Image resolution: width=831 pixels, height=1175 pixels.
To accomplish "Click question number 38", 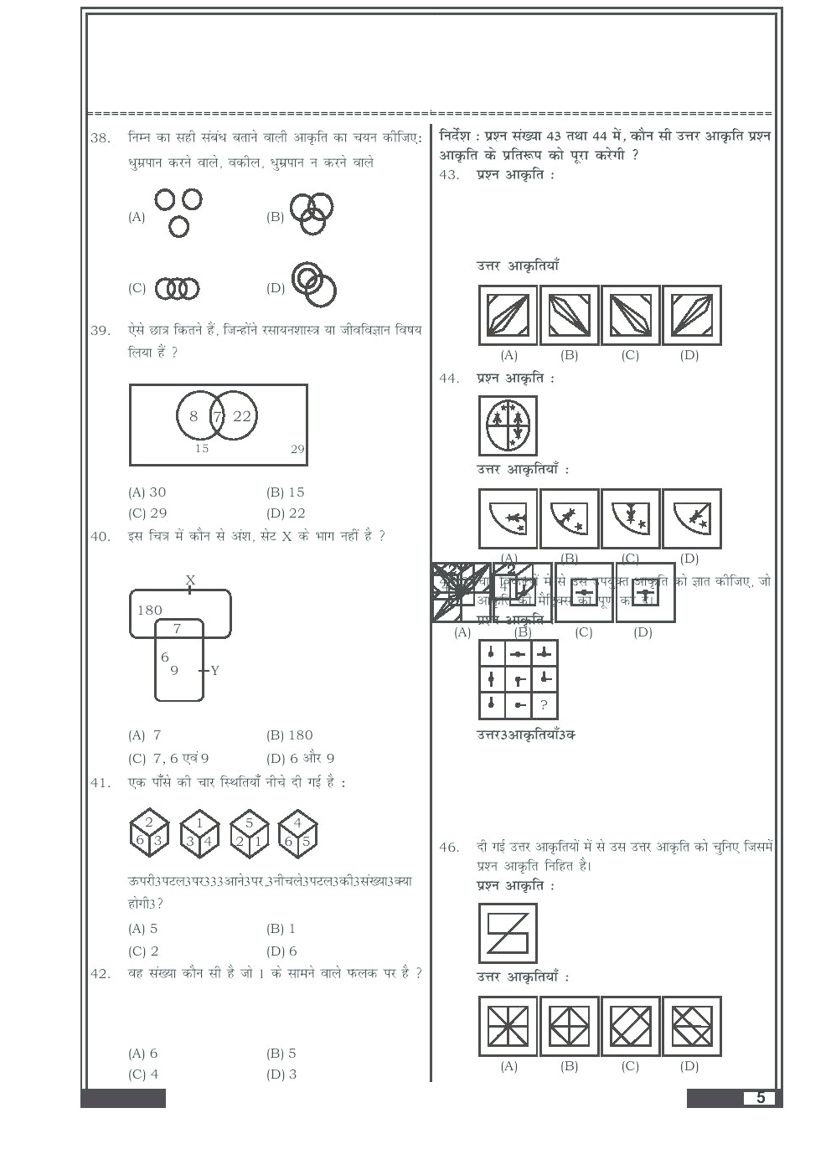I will (x=101, y=138).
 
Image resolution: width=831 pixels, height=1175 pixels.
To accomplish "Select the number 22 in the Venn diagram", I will (x=242, y=416).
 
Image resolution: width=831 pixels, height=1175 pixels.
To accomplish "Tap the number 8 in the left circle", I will (x=194, y=416).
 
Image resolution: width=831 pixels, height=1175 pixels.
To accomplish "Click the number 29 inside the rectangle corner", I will (x=297, y=450).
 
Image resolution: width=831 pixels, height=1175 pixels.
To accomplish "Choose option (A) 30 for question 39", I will (x=147, y=492).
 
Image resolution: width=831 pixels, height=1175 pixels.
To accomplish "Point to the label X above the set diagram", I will (x=190, y=580).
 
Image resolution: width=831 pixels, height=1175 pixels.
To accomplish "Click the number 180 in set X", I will (x=150, y=611).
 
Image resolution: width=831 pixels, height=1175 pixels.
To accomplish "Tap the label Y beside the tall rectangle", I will (x=215, y=671).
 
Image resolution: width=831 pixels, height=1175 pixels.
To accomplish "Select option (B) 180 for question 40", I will (x=289, y=735).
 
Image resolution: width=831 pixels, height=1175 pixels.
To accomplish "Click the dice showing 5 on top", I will (x=250, y=833).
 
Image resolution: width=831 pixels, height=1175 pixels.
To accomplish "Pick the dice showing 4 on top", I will (x=297, y=833).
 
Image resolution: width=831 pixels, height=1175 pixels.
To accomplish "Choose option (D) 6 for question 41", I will (x=282, y=951).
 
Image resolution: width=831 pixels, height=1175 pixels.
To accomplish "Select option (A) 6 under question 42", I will (x=143, y=1054).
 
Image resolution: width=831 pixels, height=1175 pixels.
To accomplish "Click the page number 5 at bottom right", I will (x=760, y=1098).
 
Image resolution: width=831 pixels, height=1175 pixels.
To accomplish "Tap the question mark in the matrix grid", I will (x=544, y=705).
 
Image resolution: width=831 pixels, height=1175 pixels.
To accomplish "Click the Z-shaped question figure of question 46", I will (x=508, y=933).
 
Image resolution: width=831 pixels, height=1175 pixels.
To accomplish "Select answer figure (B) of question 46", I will (x=569, y=1026).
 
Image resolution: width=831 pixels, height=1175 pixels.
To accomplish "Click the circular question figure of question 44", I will (x=508, y=425).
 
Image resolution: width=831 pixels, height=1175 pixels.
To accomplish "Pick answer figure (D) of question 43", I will (x=691, y=315).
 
